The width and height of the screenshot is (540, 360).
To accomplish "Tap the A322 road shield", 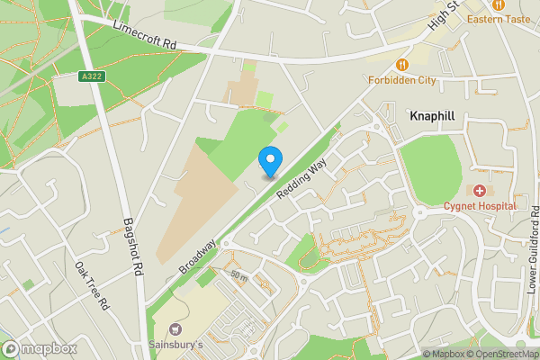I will coord(89,76).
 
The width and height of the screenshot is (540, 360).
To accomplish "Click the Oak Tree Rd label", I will coord(92,285).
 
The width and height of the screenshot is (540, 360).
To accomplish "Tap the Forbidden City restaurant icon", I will coord(402,65).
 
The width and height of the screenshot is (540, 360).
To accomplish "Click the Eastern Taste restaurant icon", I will coord(498,4).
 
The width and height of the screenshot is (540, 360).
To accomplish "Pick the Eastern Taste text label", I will coord(498,19).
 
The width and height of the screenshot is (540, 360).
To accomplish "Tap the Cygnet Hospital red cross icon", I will coord(479,191).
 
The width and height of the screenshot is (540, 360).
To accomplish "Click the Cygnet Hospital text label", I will coord(479,206).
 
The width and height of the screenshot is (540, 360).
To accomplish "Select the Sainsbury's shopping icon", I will coord(175,330).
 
